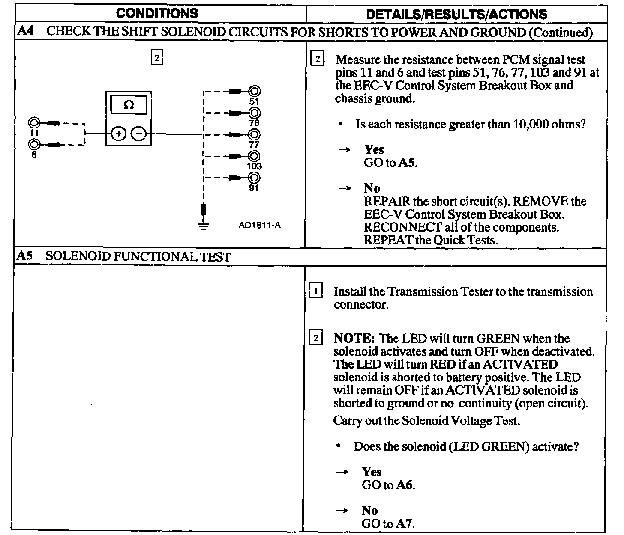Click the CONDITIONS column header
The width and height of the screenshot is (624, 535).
click(157, 13)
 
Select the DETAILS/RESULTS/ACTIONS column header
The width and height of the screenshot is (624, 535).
click(456, 14)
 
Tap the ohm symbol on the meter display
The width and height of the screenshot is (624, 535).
click(129, 104)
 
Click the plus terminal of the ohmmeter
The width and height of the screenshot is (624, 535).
click(118, 134)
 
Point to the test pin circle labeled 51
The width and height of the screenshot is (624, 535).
click(255, 91)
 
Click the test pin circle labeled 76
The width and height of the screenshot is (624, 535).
click(255, 113)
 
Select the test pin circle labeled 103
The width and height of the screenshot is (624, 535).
click(255, 156)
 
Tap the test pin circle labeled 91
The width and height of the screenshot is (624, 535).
click(255, 178)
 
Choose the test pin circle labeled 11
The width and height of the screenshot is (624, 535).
click(33, 123)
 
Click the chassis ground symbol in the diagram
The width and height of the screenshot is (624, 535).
click(204, 226)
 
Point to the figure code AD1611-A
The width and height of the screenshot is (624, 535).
click(259, 225)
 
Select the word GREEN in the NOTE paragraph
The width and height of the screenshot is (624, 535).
click(499, 339)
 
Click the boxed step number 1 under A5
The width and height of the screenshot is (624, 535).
click(316, 292)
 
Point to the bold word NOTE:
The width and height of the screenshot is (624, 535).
click(354, 339)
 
